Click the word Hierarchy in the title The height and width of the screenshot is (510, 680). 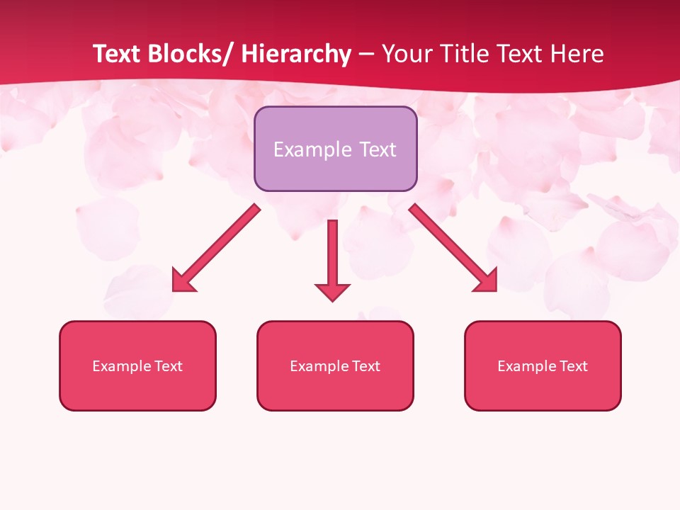(x=296, y=54)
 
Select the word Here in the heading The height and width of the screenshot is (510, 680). (x=577, y=54)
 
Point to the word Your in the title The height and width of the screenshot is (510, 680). (x=405, y=54)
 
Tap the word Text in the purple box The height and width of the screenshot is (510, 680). (x=376, y=149)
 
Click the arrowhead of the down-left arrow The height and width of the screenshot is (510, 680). (x=183, y=281)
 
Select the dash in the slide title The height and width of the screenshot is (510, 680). (x=366, y=55)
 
